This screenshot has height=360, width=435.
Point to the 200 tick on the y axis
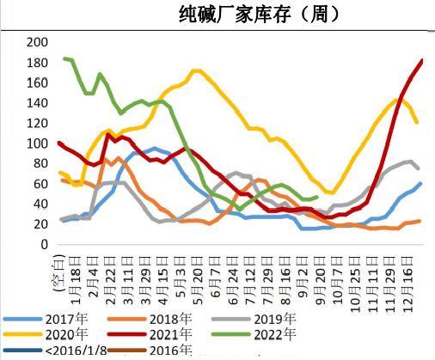(38, 42)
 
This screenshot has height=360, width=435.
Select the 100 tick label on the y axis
(38, 143)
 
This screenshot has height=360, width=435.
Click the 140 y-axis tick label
(38, 102)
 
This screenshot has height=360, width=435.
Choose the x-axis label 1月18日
(77, 271)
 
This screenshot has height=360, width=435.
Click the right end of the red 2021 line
(422, 60)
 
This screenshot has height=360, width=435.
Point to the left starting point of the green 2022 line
(64, 58)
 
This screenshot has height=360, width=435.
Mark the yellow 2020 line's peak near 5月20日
(197, 70)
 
